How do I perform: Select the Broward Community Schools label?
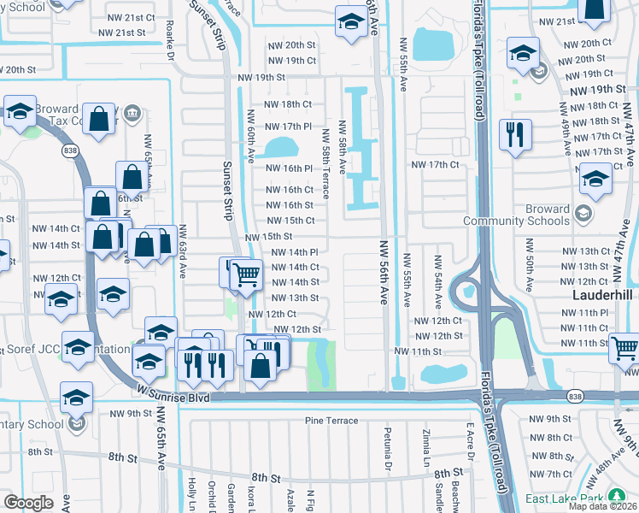pos(528,215)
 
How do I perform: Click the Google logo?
pos(28,503)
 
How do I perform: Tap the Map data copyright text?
pos(603,506)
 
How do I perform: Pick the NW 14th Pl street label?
pos(295,252)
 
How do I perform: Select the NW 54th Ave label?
pos(437,277)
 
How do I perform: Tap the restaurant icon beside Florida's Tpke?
pos(515,135)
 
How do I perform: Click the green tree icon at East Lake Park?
pos(616,498)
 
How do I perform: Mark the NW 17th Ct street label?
pos(435,164)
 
